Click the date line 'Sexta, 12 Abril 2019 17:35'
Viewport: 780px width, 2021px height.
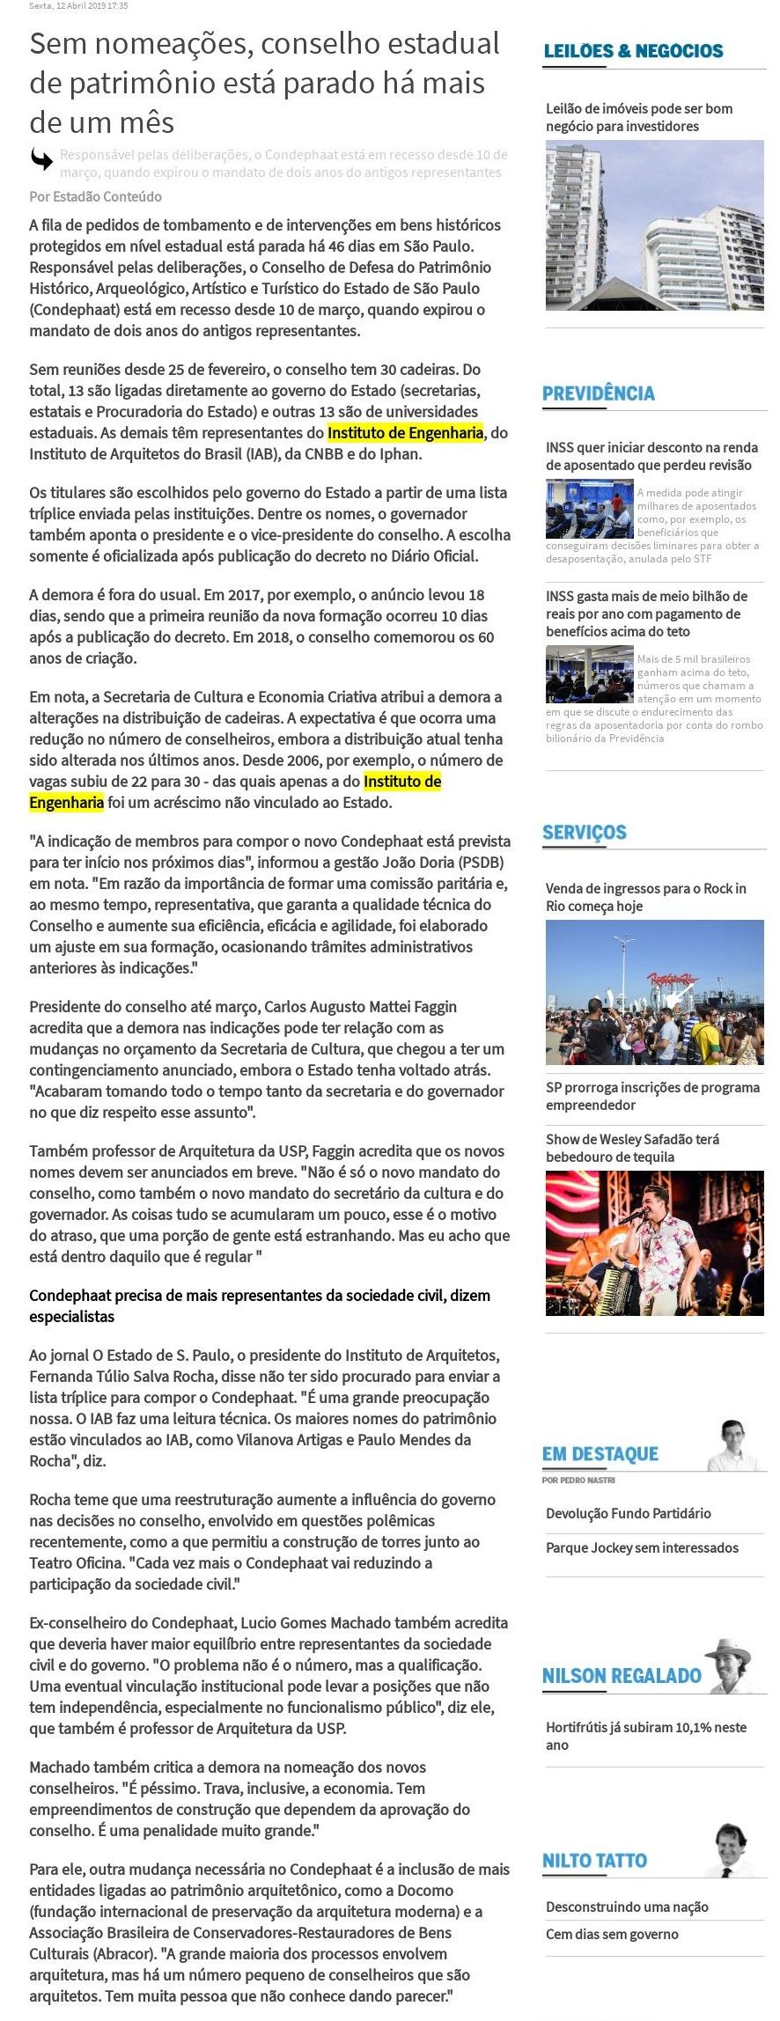(78, 5)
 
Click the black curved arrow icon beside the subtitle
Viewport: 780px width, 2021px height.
(41, 159)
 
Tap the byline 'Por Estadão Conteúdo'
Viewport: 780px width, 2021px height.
(95, 196)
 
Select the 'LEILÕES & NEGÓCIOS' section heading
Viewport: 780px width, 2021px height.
(633, 51)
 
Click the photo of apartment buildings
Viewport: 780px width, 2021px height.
(654, 225)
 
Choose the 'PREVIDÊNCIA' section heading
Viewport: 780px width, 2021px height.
(599, 393)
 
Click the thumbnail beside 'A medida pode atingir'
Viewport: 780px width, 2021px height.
(589, 509)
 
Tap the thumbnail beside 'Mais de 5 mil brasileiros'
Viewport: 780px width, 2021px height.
(589, 674)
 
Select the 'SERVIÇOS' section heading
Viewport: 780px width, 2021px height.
(585, 832)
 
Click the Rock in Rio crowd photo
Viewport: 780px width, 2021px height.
(654, 992)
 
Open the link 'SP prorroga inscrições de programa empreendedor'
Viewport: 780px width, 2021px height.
(651, 1096)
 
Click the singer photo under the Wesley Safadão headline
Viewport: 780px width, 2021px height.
(654, 1243)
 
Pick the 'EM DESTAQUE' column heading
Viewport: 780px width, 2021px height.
(600, 1454)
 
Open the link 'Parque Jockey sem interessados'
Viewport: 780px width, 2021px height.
(642, 1547)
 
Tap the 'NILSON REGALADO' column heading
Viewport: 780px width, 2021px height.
(622, 1676)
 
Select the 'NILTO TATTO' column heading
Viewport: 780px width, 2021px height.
(594, 1861)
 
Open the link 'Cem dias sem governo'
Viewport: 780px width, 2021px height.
(612, 1934)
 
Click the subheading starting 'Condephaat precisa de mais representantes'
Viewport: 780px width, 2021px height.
(260, 1305)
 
